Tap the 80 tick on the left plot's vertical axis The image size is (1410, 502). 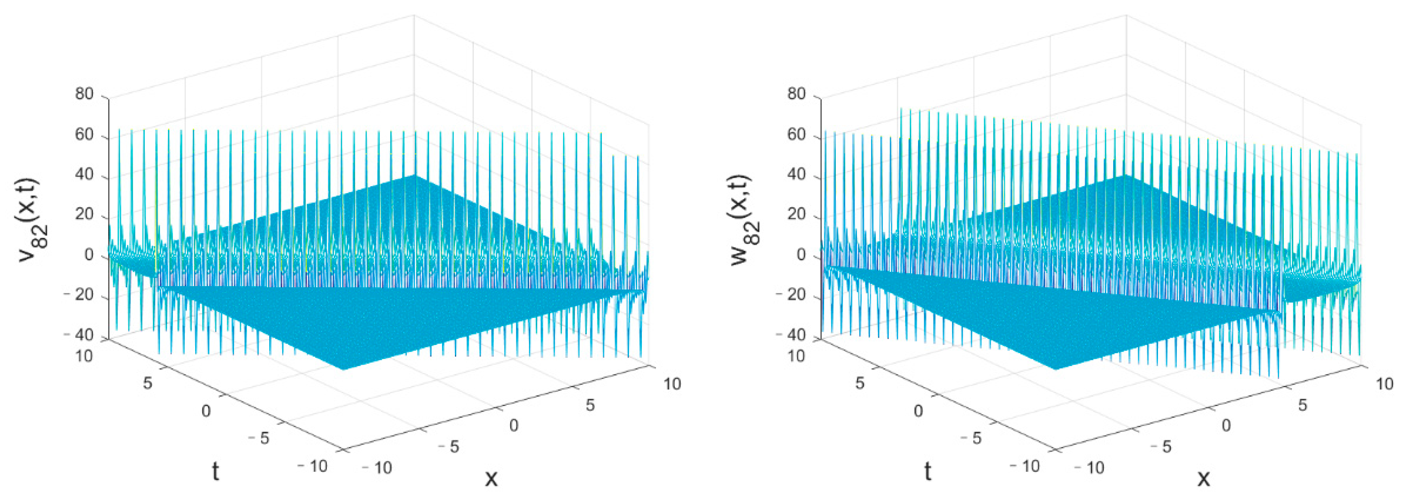tap(84, 94)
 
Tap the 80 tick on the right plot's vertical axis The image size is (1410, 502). tap(797, 94)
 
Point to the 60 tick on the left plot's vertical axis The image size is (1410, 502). tap(84, 135)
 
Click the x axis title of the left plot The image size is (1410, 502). tap(491, 478)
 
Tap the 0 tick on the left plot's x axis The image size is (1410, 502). tap(514, 425)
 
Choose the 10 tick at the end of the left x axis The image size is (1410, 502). tap(672, 384)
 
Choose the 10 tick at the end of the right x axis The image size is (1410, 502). tap(1384, 384)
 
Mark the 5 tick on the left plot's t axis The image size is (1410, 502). tap(147, 383)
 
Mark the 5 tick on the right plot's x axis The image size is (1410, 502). tap(1302, 405)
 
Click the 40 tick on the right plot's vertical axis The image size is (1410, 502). tap(797, 175)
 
